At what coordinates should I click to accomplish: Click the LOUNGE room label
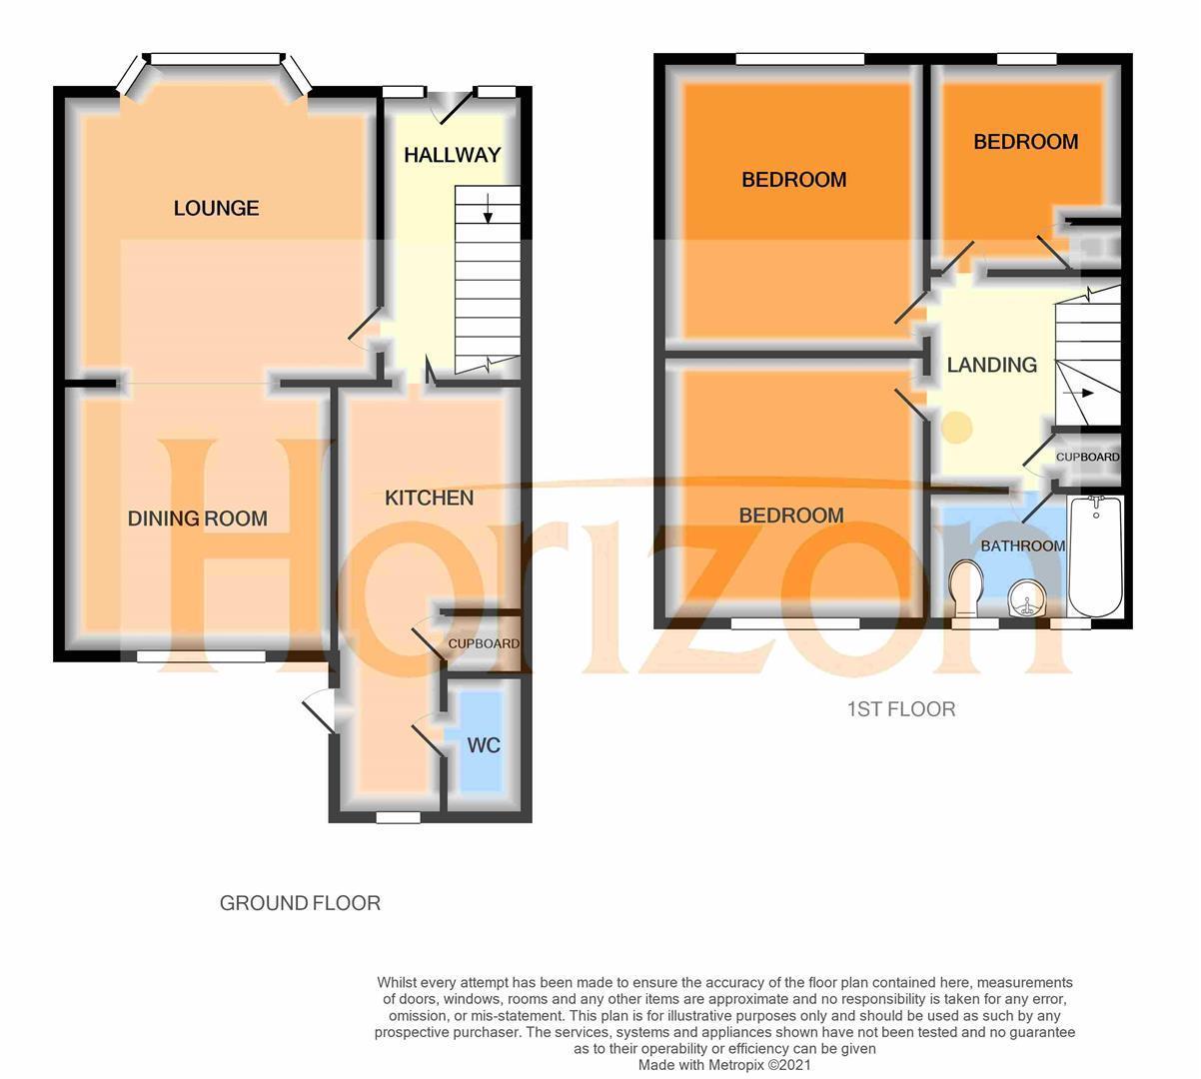216,208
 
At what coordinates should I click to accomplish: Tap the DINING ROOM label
197,519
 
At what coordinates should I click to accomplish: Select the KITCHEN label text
429,498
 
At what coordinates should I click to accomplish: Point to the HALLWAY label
452,155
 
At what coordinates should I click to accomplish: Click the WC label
484,745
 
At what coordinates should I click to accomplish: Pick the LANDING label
991,365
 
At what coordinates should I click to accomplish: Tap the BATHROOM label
1022,545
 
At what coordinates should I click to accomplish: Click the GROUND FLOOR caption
300,903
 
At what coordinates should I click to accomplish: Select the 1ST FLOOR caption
900,709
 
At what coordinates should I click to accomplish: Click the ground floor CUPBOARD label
484,643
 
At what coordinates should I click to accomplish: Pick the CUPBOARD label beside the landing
1087,457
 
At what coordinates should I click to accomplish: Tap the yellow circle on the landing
957,427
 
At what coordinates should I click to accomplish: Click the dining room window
202,656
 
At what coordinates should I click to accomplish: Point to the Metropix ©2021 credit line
724,1065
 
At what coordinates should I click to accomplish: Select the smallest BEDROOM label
1025,142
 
